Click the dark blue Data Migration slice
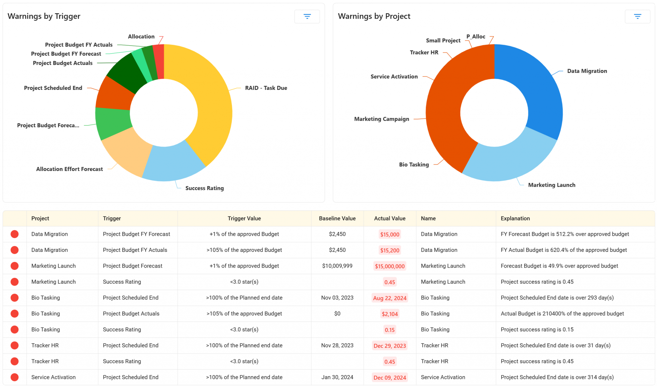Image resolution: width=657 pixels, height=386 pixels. coord(536,90)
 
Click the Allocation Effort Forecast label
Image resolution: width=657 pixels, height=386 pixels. coord(69,169)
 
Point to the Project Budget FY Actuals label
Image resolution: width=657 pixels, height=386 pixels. coord(79,45)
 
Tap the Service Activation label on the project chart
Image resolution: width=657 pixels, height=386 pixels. coord(394,77)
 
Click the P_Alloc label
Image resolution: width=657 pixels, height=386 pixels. coord(475,37)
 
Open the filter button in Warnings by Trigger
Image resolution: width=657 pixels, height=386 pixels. coord(307,16)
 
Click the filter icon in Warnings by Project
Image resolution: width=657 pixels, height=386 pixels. coord(637,16)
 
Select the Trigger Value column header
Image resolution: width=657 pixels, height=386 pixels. coord(244,219)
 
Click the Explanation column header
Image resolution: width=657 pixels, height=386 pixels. coord(515,219)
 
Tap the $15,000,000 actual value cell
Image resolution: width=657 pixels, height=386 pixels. coord(389,266)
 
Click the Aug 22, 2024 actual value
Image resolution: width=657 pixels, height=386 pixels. coord(389,298)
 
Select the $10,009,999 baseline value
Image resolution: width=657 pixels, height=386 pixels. coord(337,266)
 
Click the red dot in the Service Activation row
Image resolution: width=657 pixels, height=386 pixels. coord(14,377)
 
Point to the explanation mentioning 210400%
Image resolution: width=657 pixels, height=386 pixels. coord(562,314)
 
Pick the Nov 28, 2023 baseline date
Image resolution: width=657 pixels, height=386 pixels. coord(337,346)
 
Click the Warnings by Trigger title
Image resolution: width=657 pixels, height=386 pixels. coord(44,16)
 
